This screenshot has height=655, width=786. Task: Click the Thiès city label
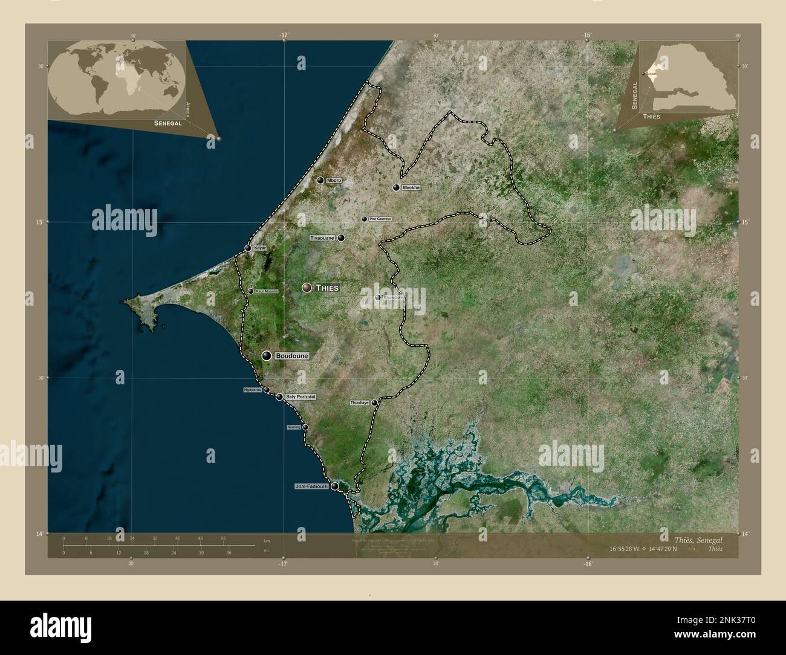326,288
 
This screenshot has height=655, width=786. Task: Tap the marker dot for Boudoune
266,356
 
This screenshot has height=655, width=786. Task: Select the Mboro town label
334,181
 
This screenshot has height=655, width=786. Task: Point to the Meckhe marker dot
396,188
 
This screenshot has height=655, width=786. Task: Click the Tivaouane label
322,238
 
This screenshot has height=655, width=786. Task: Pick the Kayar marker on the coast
248,248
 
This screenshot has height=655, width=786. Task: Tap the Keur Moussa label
267,291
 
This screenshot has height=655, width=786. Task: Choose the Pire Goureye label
380,219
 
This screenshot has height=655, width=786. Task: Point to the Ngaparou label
252,390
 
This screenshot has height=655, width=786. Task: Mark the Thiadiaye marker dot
374,402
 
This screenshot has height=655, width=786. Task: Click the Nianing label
294,427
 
